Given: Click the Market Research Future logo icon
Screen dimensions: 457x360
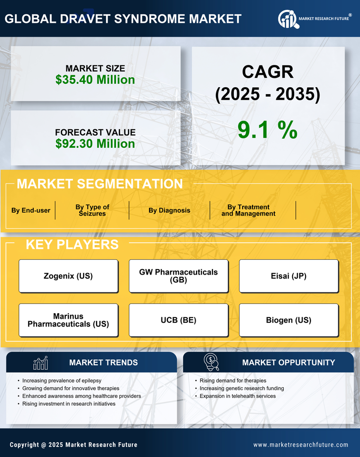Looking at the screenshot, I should tap(288, 19).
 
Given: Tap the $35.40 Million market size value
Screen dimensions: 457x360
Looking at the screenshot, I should tap(95, 80).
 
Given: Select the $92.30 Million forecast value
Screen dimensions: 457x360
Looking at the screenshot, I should tap(95, 144).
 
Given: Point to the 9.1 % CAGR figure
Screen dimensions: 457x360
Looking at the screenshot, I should tap(267, 129).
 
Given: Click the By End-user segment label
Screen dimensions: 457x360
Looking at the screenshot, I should tap(31, 210).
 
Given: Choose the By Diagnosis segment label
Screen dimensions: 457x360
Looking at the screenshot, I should tap(169, 210).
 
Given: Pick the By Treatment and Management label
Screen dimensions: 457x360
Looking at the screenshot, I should tap(249, 210).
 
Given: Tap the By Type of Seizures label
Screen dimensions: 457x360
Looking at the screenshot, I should tap(92, 210).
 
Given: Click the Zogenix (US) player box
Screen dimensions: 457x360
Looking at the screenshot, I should tap(68, 276).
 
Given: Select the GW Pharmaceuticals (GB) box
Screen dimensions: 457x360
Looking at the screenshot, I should tap(179, 276).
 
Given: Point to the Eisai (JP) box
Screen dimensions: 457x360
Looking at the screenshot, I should tap(289, 276).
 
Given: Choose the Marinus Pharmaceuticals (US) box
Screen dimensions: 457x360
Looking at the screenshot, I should tap(68, 320).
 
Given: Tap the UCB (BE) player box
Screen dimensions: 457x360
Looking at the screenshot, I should tap(179, 320).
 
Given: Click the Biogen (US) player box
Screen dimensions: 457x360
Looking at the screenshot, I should tap(289, 320).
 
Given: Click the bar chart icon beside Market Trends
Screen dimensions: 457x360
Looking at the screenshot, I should tap(40, 363).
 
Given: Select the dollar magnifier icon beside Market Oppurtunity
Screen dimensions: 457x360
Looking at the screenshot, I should tap(211, 362).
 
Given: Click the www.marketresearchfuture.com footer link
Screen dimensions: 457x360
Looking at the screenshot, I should tap(301, 445).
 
